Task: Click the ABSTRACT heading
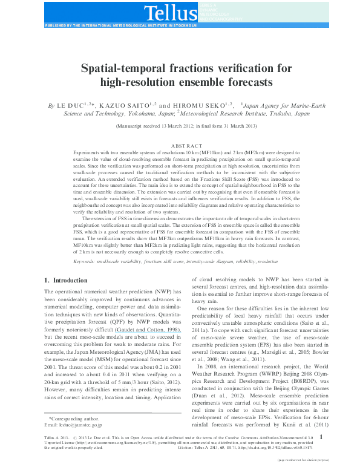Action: click(x=180, y=146)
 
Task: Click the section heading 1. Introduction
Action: click(x=67, y=280)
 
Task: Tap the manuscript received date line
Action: click(x=180, y=126)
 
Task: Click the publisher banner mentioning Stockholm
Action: click(x=121, y=27)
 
